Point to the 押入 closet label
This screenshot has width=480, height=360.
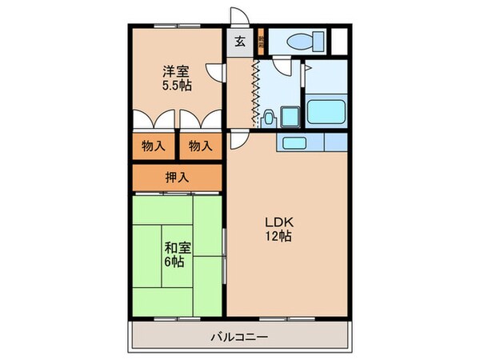(176, 177)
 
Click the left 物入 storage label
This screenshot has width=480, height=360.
(154, 146)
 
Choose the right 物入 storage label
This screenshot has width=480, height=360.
(199, 146)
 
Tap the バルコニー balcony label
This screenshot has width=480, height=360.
(240, 337)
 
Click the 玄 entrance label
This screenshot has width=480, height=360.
(240, 42)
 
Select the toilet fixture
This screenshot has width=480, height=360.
(305, 41)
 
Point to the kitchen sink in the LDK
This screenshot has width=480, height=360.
(293, 143)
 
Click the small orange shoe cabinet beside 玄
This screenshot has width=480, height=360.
(258, 41)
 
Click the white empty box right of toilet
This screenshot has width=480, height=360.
(340, 41)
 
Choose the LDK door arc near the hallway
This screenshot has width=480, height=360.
(238, 141)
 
